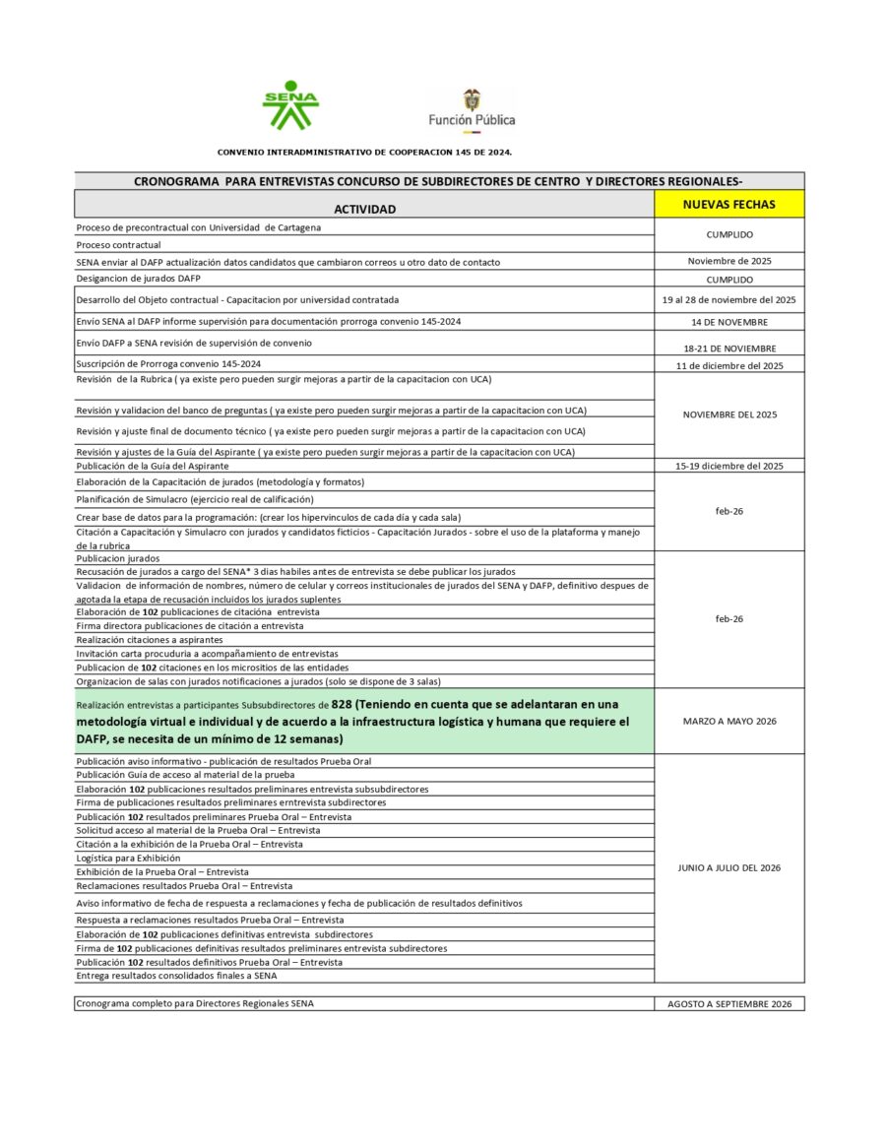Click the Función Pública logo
(x=472, y=108)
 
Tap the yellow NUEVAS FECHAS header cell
(x=728, y=204)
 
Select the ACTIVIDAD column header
(x=364, y=209)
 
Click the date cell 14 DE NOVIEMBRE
(x=728, y=321)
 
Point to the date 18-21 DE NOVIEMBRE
(x=728, y=348)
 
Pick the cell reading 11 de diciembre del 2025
(x=728, y=365)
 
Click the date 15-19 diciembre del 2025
(x=728, y=466)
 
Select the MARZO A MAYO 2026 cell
(x=728, y=721)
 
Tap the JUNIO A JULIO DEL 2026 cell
(x=728, y=867)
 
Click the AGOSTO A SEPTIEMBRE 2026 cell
(x=728, y=1003)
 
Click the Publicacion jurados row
(x=117, y=558)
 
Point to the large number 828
(x=342, y=704)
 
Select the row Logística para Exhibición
(x=128, y=858)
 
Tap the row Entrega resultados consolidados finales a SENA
(x=176, y=976)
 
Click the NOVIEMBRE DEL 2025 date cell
(x=728, y=414)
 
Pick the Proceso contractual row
(x=118, y=244)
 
